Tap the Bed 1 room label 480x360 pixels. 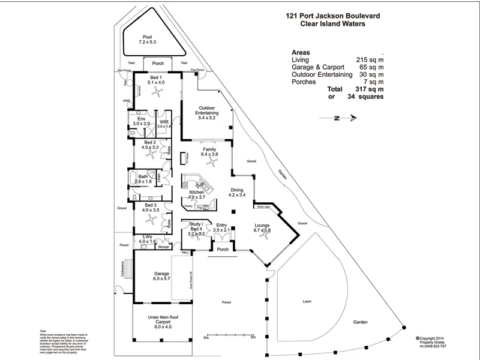(156, 80)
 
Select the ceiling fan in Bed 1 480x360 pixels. (157, 91)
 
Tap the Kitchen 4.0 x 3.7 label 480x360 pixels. (197, 194)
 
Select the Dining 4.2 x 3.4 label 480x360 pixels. (238, 192)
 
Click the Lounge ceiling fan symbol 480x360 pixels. (262, 236)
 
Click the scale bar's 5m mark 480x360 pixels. (253, 338)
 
